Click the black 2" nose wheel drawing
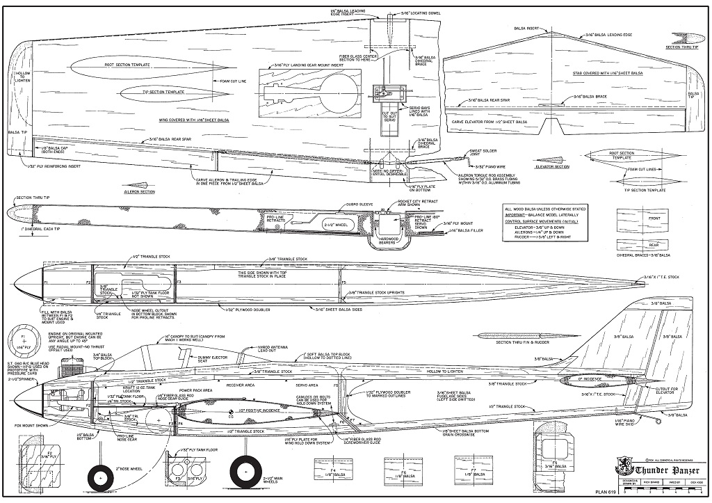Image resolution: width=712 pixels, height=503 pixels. [101, 479]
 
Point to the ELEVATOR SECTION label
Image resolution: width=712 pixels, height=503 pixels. [553, 166]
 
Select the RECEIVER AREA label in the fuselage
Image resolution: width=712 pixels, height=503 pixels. [240, 383]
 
